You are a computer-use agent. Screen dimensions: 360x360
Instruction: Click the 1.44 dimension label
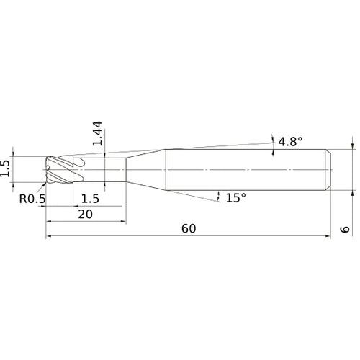click(x=97, y=133)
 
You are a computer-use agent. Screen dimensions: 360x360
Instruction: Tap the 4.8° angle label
click(x=290, y=142)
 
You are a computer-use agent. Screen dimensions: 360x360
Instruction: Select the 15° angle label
click(x=236, y=198)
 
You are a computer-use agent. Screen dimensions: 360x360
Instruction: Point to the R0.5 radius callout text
click(x=32, y=199)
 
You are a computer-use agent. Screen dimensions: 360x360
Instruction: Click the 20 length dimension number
click(x=86, y=215)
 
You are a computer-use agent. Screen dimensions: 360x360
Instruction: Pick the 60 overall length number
click(x=189, y=229)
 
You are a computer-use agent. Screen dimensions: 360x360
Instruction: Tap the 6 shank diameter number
click(x=345, y=229)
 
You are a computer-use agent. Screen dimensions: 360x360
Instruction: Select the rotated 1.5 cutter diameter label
click(x=5, y=168)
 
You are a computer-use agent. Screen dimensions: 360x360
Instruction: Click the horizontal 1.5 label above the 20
click(x=90, y=199)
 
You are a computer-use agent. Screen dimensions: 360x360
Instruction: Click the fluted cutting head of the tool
click(x=60, y=170)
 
